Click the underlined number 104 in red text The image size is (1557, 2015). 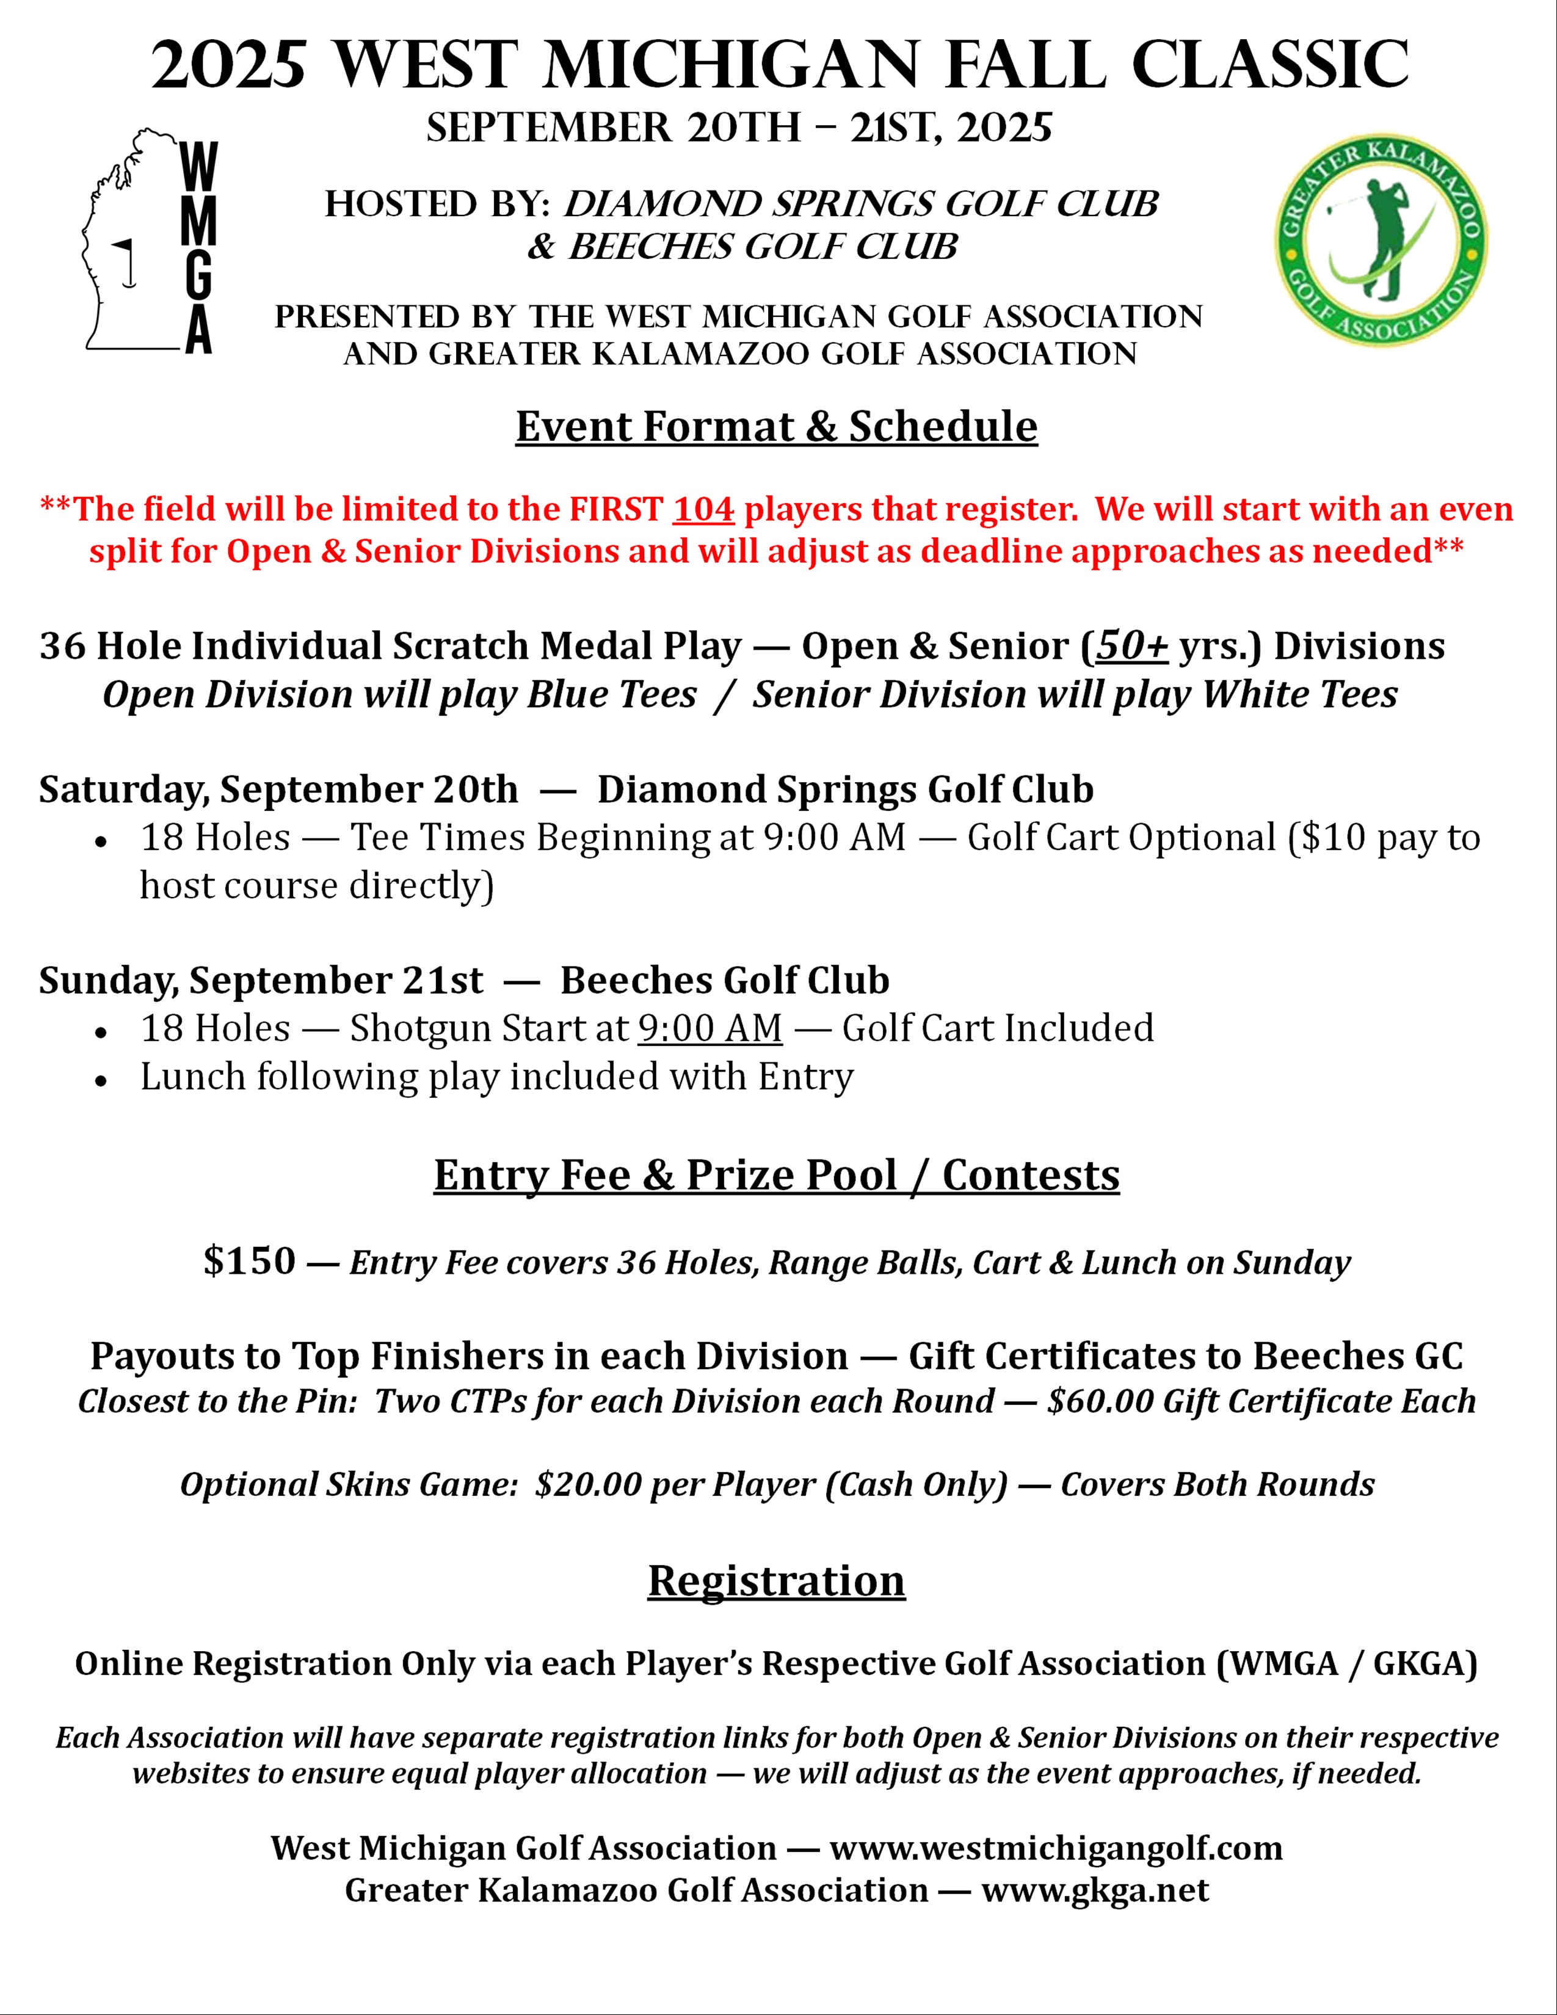(x=703, y=509)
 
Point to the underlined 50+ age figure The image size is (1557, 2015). (x=1132, y=646)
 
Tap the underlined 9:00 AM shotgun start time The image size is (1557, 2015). (x=710, y=1028)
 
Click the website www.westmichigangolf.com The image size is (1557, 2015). (x=1056, y=1848)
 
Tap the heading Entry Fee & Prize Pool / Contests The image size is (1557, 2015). (x=777, y=1175)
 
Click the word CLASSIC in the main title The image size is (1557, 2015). (x=1270, y=65)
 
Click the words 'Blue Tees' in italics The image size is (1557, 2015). (x=612, y=695)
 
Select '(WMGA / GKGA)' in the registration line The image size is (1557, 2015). (x=1347, y=1663)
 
